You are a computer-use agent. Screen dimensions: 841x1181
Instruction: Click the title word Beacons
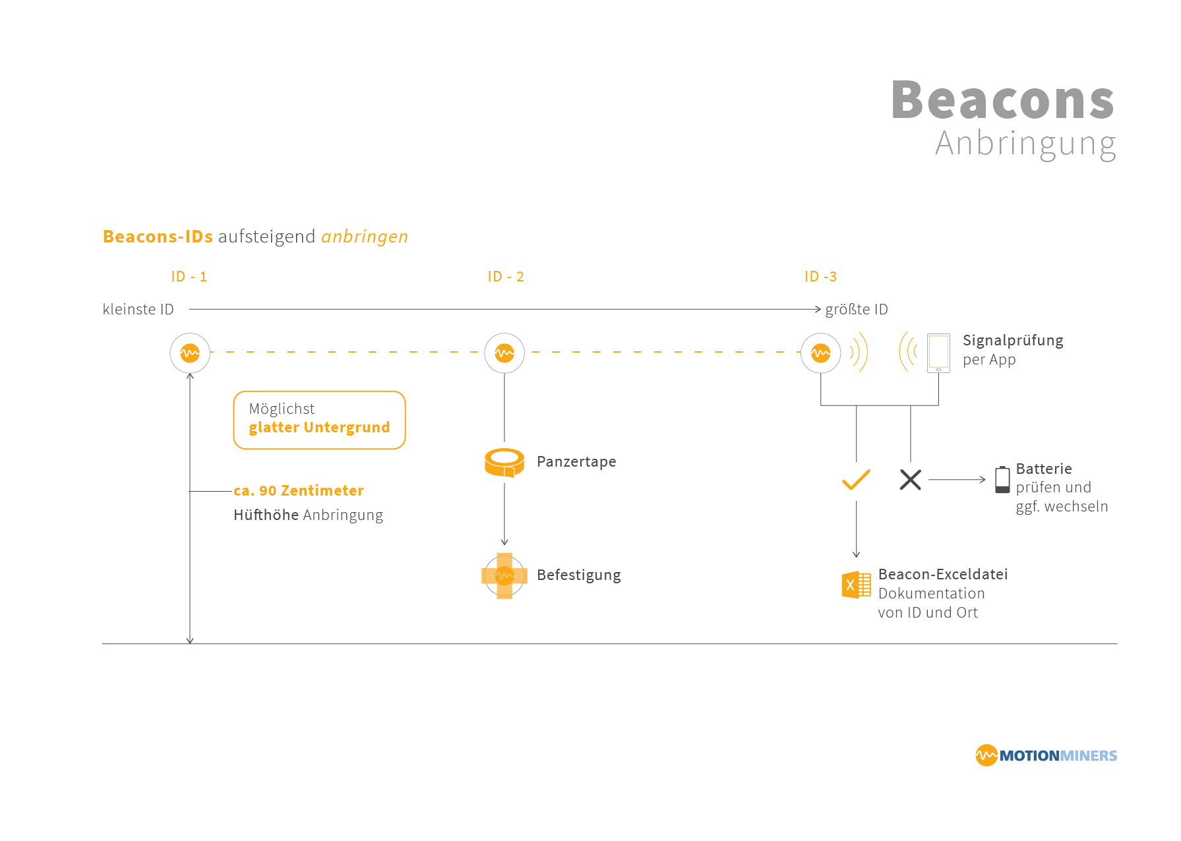click(1002, 100)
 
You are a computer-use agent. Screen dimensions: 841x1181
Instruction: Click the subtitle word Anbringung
click(1025, 144)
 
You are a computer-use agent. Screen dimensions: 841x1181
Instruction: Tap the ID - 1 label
click(189, 277)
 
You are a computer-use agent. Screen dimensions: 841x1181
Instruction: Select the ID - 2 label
click(506, 277)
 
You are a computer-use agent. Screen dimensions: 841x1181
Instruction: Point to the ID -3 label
click(820, 277)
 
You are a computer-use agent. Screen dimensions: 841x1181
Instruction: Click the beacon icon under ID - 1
click(190, 353)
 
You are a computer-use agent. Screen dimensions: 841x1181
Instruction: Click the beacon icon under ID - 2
click(504, 353)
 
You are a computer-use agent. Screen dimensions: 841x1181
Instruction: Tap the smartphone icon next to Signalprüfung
click(938, 353)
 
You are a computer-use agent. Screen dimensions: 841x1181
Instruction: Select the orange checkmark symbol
click(856, 480)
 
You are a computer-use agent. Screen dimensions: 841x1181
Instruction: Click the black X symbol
click(910, 480)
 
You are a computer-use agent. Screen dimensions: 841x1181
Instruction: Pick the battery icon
click(1002, 480)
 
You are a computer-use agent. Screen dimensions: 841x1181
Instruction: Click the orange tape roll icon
click(504, 462)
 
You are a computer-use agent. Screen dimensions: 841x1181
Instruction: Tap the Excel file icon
click(856, 585)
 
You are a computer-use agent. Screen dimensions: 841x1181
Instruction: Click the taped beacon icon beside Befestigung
click(504, 575)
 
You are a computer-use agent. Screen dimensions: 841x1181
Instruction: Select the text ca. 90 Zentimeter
click(299, 490)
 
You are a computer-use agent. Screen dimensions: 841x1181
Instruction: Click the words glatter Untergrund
click(319, 427)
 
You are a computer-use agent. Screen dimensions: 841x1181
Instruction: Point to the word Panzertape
click(576, 461)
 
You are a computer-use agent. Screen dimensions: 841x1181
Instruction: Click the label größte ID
click(857, 310)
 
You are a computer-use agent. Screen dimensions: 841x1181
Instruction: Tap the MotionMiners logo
click(1046, 755)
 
